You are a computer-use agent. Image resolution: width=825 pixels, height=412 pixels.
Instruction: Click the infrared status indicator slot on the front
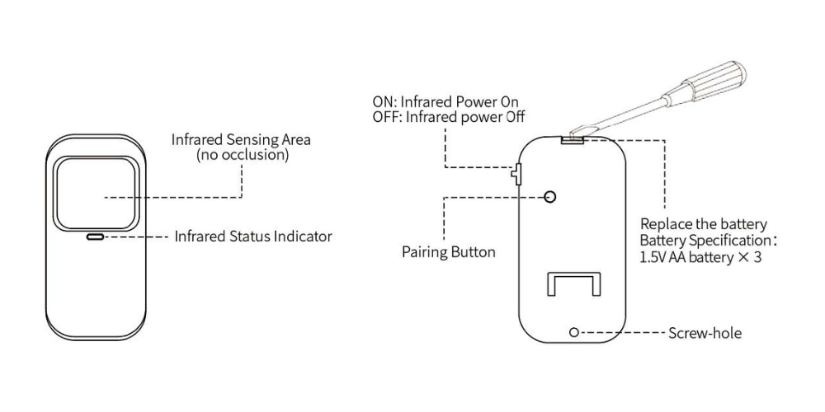click(95, 237)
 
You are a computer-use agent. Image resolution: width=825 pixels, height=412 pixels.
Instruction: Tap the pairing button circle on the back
click(550, 197)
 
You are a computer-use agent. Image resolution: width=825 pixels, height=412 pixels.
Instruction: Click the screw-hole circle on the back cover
click(574, 332)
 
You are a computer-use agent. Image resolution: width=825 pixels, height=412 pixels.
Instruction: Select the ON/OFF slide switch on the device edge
click(516, 174)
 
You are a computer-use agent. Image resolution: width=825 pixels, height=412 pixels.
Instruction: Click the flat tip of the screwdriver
click(579, 129)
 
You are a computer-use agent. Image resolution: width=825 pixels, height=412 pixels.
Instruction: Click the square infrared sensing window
click(95, 194)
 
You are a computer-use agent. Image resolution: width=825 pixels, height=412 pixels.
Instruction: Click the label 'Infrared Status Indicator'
click(253, 236)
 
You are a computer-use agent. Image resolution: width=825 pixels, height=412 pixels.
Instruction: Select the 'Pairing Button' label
click(448, 252)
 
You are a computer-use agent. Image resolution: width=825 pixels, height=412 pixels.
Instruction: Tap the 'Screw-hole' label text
click(705, 333)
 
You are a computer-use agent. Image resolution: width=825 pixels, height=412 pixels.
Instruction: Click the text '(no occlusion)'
click(243, 156)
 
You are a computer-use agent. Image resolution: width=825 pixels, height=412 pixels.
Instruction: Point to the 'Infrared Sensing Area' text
click(241, 140)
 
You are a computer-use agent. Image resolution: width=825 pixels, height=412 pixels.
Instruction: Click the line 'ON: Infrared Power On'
click(449, 101)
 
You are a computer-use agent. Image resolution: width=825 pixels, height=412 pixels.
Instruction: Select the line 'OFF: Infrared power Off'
click(449, 116)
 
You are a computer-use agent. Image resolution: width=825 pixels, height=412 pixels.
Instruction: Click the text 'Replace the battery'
click(704, 224)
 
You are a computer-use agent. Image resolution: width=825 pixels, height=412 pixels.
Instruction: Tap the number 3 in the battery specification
click(757, 258)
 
